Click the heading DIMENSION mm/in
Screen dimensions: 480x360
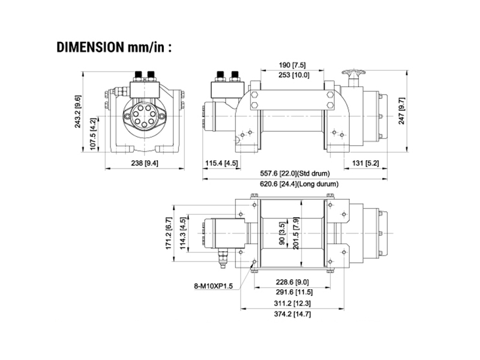(114, 47)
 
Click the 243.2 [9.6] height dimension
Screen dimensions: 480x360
(79, 112)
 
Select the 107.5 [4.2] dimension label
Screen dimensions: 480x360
(94, 134)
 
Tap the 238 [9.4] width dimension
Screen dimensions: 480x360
(145, 163)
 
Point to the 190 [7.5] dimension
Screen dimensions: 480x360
(292, 65)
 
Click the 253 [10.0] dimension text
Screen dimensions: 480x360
(294, 75)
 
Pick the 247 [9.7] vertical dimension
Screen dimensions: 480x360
(401, 111)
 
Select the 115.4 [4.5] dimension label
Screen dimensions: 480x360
(221, 163)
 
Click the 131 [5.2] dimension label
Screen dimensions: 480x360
(365, 163)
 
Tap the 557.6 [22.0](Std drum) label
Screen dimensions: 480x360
(295, 173)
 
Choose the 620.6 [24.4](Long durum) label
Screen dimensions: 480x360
(299, 184)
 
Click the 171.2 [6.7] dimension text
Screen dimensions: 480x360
(169, 233)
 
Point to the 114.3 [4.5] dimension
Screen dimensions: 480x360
(183, 233)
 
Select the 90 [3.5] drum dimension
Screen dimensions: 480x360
(282, 233)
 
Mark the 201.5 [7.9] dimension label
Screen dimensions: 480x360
(296, 233)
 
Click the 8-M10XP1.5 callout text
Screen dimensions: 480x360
(214, 286)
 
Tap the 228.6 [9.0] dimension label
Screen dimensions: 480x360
(292, 282)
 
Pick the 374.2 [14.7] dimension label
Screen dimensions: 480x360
(292, 314)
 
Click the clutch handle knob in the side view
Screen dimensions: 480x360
(353, 73)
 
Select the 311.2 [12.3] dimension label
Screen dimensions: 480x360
(292, 304)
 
